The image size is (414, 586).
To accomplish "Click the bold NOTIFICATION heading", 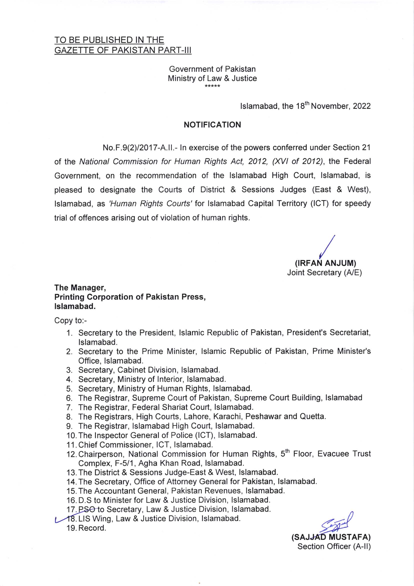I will pos(212,125).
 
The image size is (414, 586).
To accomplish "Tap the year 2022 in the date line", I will pos(362,106).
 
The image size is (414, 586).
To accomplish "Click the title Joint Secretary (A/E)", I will pos(324,272).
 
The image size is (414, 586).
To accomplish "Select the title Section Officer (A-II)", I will pos(334,546).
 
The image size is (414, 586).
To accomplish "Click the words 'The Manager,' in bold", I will pos(80,288).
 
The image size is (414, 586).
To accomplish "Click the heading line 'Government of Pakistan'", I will pos(212,69).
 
